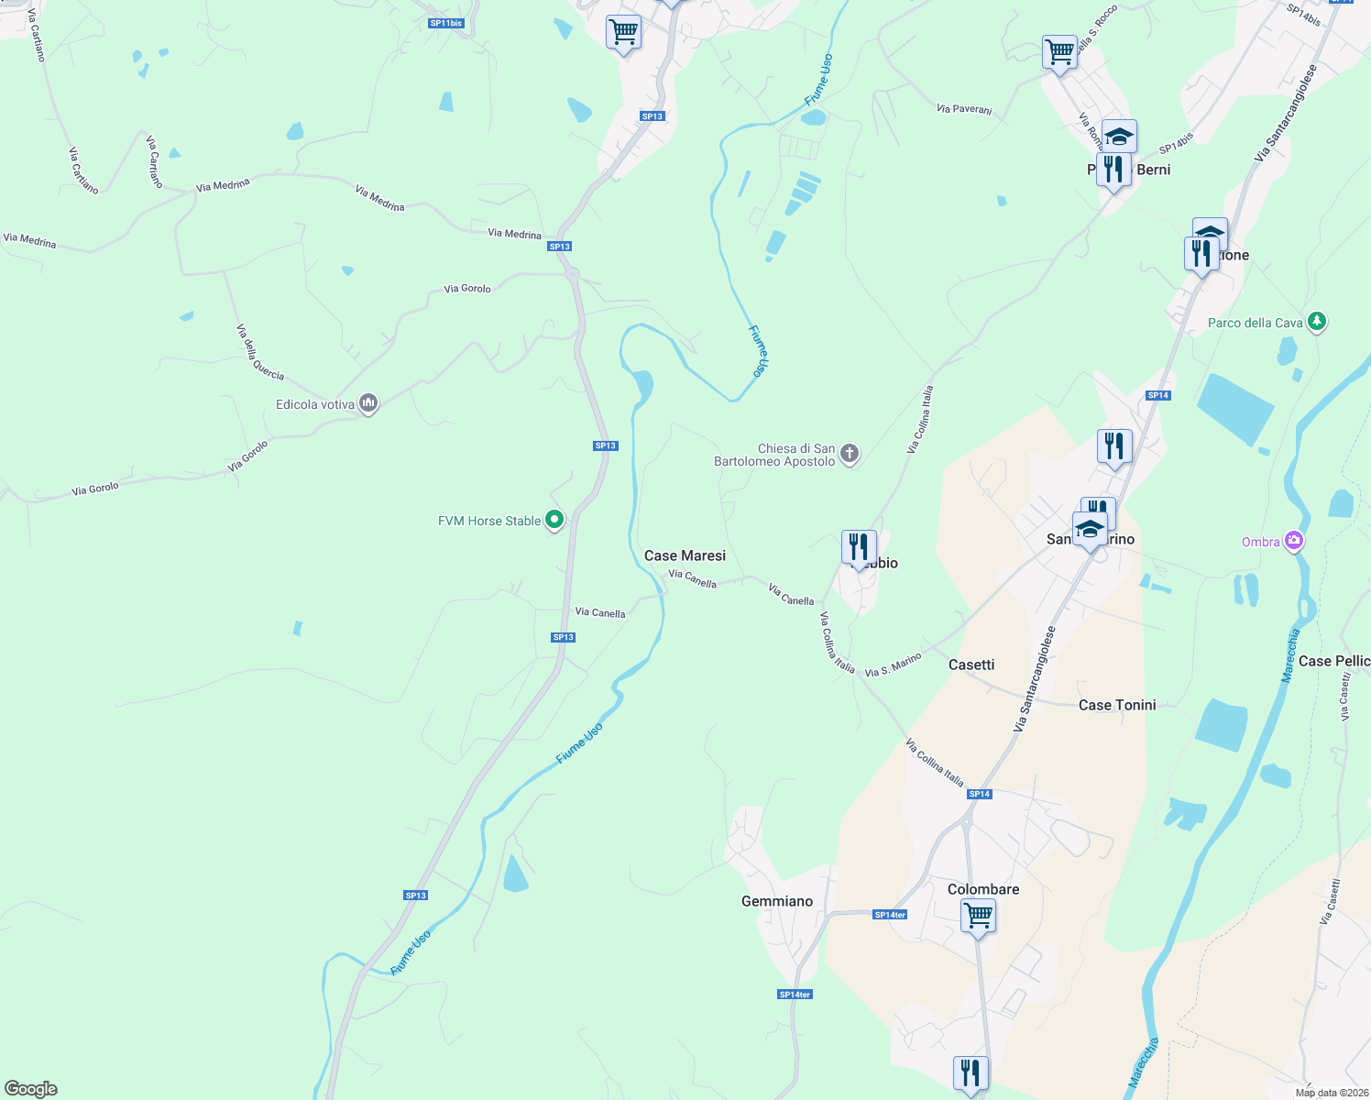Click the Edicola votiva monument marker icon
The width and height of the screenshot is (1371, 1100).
[x=368, y=403]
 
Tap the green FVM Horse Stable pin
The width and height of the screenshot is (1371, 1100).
[x=554, y=521]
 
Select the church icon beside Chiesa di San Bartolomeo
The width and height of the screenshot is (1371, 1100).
[x=850, y=454]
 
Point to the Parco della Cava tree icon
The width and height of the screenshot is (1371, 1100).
[x=1317, y=322]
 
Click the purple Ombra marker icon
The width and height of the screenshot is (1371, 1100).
[x=1293, y=541]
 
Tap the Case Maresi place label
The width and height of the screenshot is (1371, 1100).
[x=685, y=555]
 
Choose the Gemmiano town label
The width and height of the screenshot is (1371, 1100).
[x=776, y=901]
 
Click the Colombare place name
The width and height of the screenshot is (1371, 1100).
[x=982, y=889]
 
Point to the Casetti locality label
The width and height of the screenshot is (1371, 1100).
[x=971, y=665]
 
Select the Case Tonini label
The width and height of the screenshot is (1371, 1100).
[x=1116, y=705]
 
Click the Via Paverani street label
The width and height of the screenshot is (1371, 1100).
[x=964, y=109]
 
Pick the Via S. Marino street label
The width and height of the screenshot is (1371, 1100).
[x=893, y=665]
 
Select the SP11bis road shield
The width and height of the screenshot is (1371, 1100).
[x=445, y=23]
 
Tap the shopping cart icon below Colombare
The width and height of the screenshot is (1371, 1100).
[x=978, y=914]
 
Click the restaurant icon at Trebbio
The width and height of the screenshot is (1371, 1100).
[x=859, y=546]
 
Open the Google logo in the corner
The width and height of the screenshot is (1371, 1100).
[x=31, y=1089]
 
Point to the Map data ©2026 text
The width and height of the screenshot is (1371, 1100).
[x=1332, y=1093]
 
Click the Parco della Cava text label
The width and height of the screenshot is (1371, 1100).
[x=1255, y=323]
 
